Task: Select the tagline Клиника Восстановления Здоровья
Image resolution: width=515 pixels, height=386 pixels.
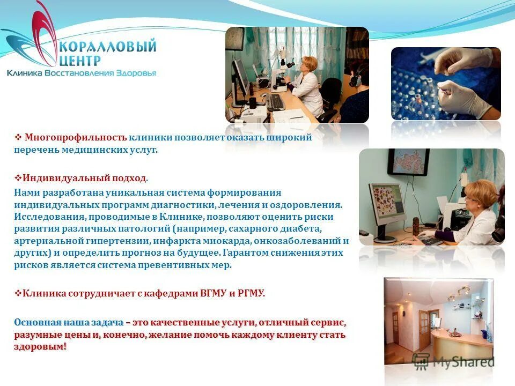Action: coord(82,73)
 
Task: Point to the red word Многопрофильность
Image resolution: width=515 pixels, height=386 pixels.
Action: coord(76,137)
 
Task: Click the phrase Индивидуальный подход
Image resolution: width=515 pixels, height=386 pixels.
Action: coord(85,177)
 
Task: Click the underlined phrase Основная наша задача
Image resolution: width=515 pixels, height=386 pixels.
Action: coord(69,323)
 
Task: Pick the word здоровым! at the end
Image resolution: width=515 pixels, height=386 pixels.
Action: coord(41,347)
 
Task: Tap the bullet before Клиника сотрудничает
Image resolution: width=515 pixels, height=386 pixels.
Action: coord(18,293)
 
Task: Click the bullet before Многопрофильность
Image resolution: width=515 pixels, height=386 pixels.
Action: coord(18,137)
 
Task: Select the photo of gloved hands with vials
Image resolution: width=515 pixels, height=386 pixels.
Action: coord(445,83)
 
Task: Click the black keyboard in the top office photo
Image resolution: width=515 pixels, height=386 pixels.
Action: coord(276,102)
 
